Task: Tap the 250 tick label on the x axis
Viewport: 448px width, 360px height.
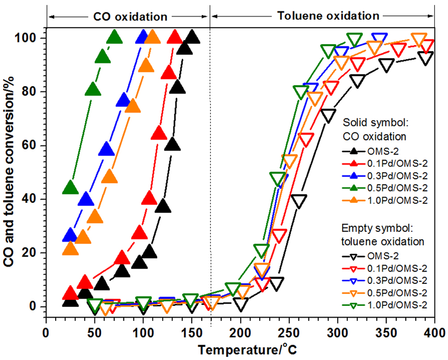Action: pyautogui.click(x=289, y=334)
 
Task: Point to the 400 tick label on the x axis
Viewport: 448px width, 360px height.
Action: pyautogui.click(x=435, y=334)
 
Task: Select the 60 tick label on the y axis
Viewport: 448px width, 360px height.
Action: pyautogui.click(x=35, y=146)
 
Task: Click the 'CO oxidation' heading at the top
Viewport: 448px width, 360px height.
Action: pyautogui.click(x=130, y=17)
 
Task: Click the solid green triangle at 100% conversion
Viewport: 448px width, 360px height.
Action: pyautogui.click(x=115, y=37)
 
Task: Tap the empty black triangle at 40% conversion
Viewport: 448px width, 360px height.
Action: pyautogui.click(x=298, y=200)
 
